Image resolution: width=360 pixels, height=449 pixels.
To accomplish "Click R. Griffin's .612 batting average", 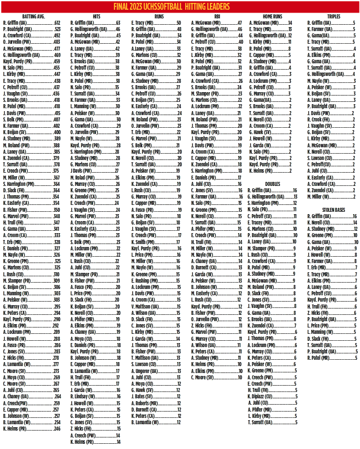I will click(56, 23).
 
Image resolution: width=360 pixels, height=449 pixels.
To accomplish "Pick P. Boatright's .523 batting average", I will click(56, 29).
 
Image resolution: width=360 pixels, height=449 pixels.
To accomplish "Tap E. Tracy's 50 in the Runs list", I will click(178, 23).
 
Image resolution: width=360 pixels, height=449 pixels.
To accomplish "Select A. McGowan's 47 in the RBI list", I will click(239, 23).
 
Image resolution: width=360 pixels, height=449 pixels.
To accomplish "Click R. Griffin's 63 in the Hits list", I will click(118, 23).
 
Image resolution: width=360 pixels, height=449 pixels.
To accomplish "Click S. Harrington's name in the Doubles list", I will click(263, 203).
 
